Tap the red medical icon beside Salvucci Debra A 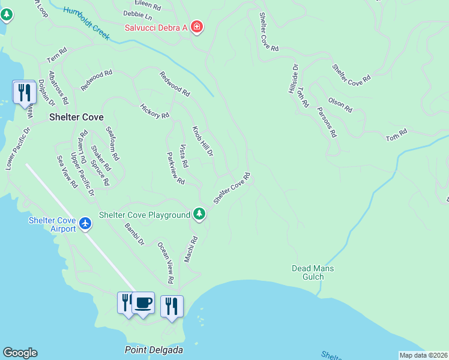[197, 27]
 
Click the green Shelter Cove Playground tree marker [199, 214]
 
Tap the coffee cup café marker [143, 303]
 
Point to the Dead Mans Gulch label [313, 272]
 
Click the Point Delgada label [154, 349]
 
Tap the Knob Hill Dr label [203, 142]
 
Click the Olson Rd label [340, 105]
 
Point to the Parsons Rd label [327, 122]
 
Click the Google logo [20, 353]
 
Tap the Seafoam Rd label [112, 143]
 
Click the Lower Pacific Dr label [18, 148]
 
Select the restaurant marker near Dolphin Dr [23, 92]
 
